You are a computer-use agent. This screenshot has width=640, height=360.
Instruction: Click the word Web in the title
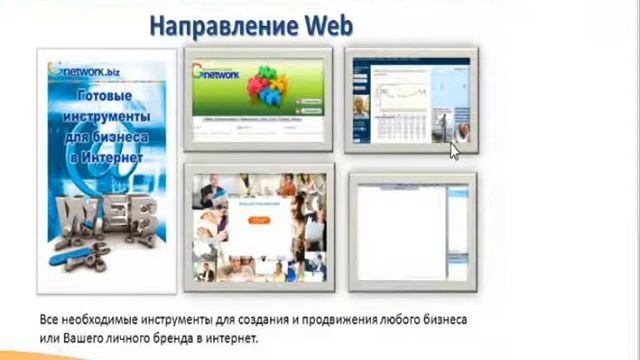click(323, 24)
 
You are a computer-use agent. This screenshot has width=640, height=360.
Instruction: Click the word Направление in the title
click(220, 24)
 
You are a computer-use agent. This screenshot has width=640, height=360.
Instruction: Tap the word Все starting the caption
click(51, 319)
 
